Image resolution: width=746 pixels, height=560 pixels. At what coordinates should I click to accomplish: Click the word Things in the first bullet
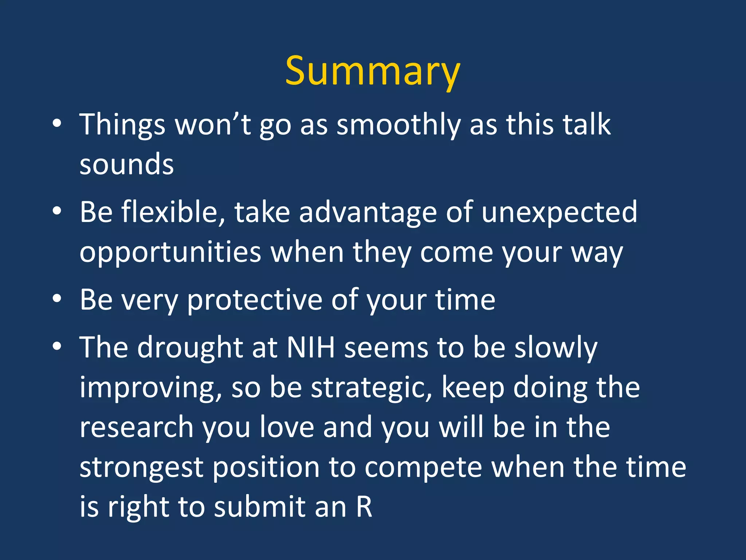122,125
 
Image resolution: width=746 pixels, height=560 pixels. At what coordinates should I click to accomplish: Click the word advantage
368,212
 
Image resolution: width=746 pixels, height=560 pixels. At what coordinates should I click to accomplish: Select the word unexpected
559,212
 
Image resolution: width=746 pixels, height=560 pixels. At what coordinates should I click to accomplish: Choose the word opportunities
170,252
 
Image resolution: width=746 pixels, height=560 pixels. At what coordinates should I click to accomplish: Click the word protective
255,300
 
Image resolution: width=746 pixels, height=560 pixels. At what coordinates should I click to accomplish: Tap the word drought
190,347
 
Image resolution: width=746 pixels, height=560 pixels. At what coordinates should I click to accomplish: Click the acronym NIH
310,347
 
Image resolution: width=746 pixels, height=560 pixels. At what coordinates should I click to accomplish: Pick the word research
136,427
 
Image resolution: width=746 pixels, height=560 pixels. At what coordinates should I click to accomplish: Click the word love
287,427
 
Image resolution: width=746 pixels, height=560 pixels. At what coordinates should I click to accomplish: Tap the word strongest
141,467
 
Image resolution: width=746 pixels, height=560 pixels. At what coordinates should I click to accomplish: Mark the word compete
423,467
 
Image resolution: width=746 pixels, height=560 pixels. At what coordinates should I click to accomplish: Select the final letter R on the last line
364,507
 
